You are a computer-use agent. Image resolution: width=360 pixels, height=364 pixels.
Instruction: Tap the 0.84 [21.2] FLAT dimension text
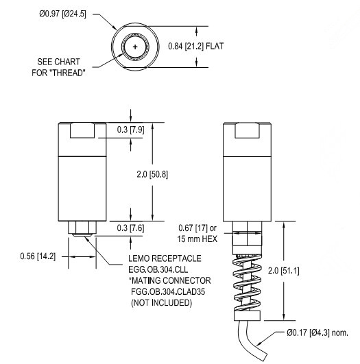[x=197, y=46]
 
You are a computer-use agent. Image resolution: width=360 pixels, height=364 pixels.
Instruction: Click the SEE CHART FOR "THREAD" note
[x=59, y=67]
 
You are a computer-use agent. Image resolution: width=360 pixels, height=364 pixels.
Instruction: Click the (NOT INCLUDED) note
[x=159, y=302]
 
